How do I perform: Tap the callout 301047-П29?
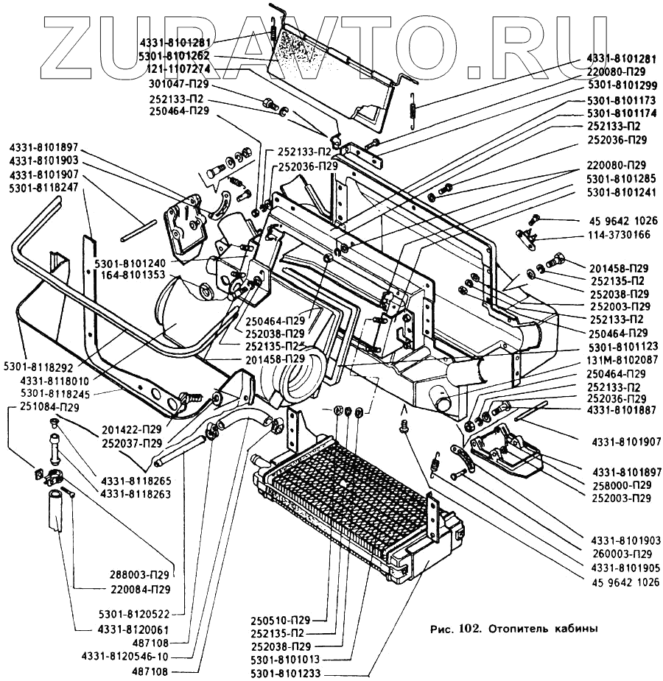coord(179,85)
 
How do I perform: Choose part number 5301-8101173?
coord(620,99)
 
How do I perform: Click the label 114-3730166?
coord(618,235)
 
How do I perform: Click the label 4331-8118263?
coord(136,493)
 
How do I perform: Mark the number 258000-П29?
coord(620,485)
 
